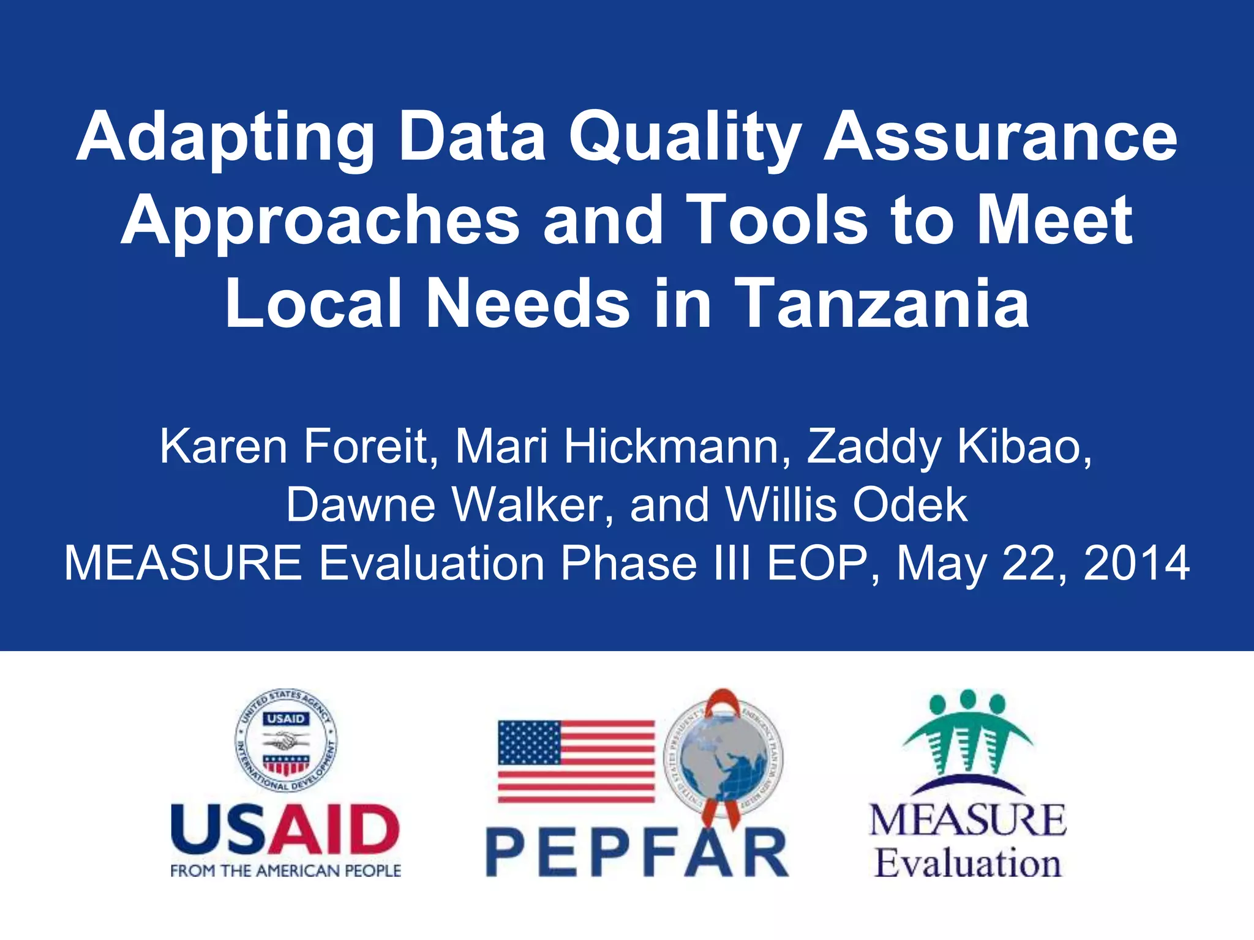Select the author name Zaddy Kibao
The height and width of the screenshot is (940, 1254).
click(949, 447)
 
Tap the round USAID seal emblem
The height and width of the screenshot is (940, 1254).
click(286, 740)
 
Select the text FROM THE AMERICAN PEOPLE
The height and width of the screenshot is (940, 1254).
click(285, 871)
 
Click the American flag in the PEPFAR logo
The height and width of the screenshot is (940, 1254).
click(576, 761)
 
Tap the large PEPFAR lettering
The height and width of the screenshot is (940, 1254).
click(637, 852)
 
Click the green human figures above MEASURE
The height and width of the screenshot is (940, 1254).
click(967, 734)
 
